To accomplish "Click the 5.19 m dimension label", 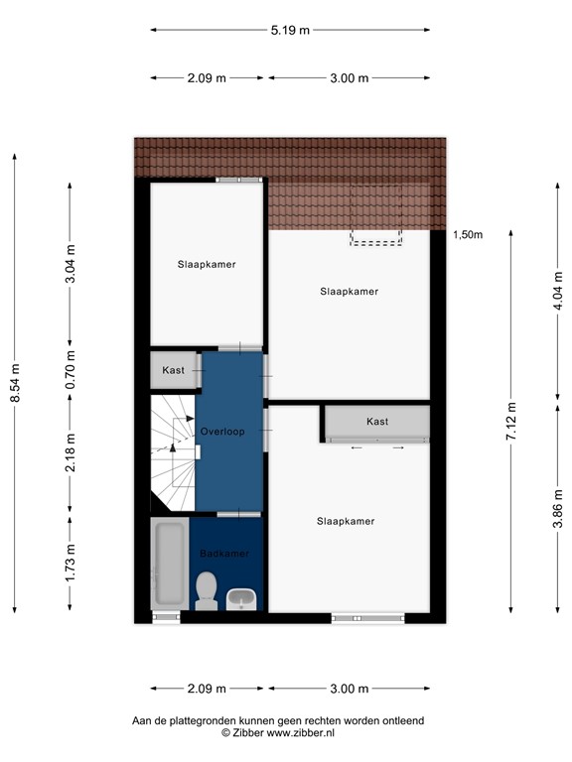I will [290, 30].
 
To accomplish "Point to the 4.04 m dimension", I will [558, 293].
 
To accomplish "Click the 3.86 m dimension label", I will [558, 518].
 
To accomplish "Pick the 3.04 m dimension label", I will [70, 265].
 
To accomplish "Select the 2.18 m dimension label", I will [70, 452].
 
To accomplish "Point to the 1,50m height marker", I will [467, 235].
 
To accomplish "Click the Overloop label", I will [222, 432].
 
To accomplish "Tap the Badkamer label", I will [224, 554].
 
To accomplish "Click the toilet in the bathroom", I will [207, 590].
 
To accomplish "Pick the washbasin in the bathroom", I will [242, 598].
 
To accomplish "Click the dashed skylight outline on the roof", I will [375, 213].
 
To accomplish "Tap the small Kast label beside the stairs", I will [174, 370].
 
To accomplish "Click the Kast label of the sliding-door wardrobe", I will [377, 422].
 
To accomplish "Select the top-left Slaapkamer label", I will [207, 265].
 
